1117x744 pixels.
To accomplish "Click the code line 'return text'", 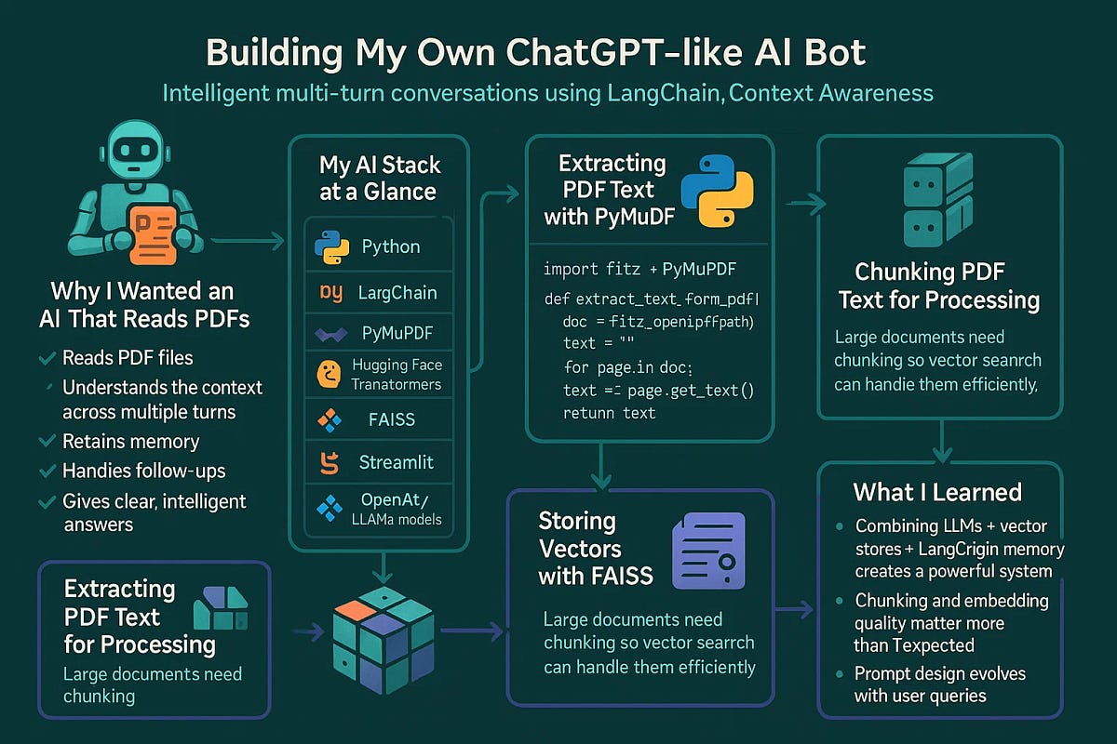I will (x=610, y=412).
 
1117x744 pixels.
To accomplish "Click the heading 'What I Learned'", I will (x=937, y=492).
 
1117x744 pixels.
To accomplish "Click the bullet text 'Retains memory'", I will (x=130, y=441).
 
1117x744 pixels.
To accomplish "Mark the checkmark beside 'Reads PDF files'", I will (x=46, y=358).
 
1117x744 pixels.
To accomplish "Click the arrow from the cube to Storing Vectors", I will (x=473, y=631).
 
